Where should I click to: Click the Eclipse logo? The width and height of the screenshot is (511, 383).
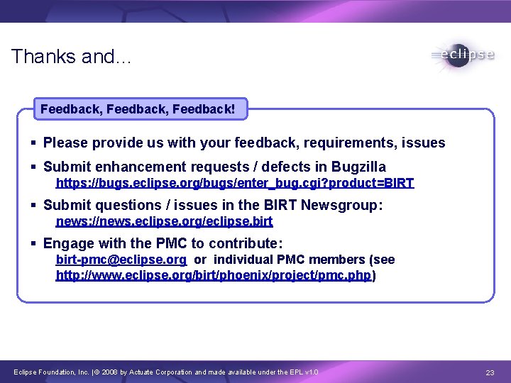(x=462, y=55)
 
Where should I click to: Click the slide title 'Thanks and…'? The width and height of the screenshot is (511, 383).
(x=71, y=57)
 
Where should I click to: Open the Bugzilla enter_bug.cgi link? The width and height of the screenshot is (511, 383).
(x=234, y=183)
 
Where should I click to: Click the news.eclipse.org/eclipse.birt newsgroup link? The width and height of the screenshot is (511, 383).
(x=164, y=221)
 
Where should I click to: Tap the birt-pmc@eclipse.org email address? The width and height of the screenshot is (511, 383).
(x=121, y=260)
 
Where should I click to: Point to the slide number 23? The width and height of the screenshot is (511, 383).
(x=490, y=372)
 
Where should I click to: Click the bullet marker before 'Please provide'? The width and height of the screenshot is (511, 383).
(x=33, y=143)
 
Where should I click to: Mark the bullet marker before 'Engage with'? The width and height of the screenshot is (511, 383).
(x=33, y=243)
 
